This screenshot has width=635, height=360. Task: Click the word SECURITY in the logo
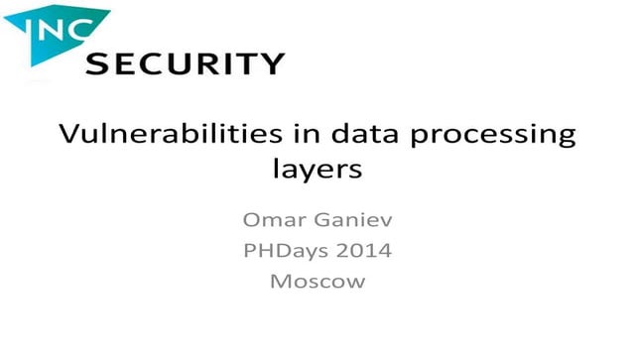(186, 64)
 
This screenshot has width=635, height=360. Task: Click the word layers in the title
(317, 171)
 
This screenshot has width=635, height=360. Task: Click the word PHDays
(286, 250)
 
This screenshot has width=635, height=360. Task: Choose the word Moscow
(317, 281)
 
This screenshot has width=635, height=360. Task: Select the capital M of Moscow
(280, 281)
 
